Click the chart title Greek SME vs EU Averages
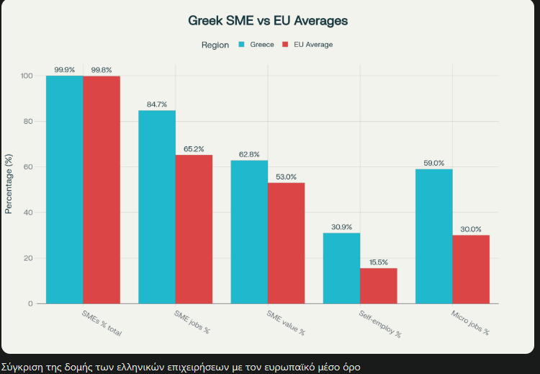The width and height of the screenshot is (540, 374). pyautogui.click(x=268, y=21)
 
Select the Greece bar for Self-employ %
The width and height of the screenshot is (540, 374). pyautogui.click(x=341, y=268)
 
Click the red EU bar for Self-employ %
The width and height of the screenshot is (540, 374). pyautogui.click(x=379, y=285)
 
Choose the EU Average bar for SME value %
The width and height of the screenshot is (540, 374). pyautogui.click(x=287, y=243)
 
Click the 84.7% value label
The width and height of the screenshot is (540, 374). pyautogui.click(x=157, y=104)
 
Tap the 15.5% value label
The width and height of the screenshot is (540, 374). pyautogui.click(x=379, y=262)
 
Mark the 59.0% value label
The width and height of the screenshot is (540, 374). pyautogui.click(x=434, y=163)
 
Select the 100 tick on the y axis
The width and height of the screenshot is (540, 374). pyautogui.click(x=27, y=76)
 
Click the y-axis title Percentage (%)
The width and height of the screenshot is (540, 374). pyautogui.click(x=9, y=184)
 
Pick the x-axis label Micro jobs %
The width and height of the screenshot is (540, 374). pyautogui.click(x=470, y=323)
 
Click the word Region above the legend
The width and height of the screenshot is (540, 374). pyautogui.click(x=215, y=45)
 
